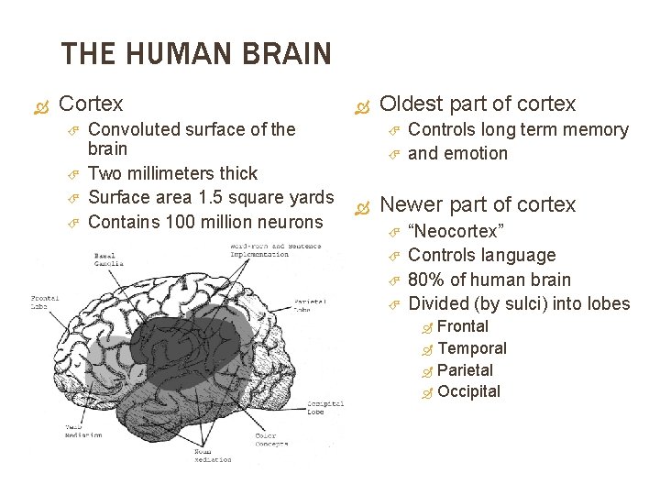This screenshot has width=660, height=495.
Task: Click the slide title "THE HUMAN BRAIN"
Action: coord(195,54)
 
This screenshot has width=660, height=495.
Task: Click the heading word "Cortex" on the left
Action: coord(90,104)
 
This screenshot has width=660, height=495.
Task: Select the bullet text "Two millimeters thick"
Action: coord(172,173)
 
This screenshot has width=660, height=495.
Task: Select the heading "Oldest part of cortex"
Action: coord(478,104)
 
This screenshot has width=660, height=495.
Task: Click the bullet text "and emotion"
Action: coord(456,153)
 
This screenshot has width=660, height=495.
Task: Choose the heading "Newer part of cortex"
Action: coord(478,204)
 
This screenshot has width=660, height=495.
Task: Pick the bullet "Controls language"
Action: coord(481,255)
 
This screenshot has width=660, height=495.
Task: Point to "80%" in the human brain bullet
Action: coord(424,280)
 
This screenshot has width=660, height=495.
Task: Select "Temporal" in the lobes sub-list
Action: coord(472,348)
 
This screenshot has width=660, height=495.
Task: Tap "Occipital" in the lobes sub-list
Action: coord(469,392)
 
